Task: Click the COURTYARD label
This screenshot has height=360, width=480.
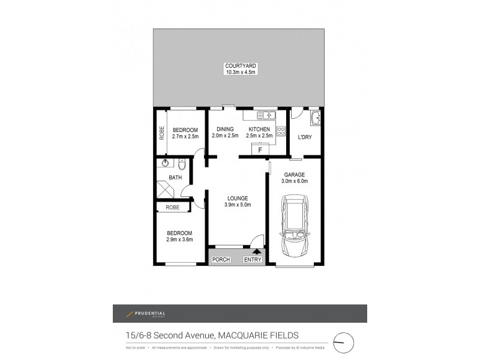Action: (x=241, y=65)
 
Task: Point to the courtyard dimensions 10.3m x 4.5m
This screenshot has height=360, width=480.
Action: (x=241, y=73)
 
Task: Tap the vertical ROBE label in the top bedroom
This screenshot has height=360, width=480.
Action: (x=161, y=132)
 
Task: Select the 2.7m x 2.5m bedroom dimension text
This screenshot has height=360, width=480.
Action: (x=185, y=137)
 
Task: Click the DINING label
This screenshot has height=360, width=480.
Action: (x=225, y=129)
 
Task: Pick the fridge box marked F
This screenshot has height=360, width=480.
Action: (x=260, y=149)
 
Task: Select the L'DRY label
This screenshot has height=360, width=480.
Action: (x=305, y=137)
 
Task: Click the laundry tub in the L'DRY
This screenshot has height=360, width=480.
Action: (x=316, y=118)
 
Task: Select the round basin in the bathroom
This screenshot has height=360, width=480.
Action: (x=164, y=162)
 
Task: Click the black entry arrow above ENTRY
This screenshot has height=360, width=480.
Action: (x=257, y=252)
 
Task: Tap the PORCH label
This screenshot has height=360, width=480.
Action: (x=221, y=259)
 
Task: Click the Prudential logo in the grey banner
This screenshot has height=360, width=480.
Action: (x=146, y=314)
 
